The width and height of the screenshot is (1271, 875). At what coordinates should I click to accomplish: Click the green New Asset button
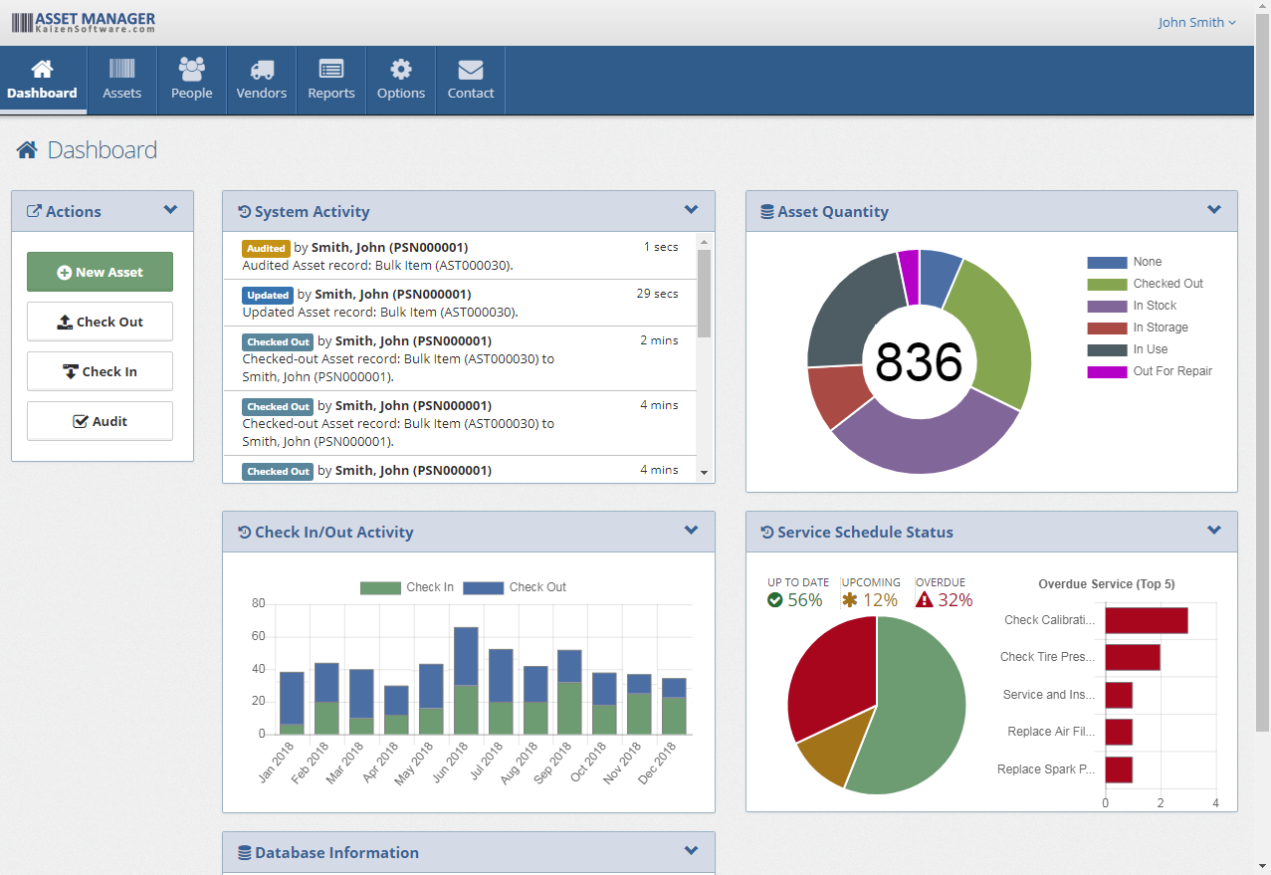coord(100,272)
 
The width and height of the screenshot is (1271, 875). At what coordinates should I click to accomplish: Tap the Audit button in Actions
coord(100,421)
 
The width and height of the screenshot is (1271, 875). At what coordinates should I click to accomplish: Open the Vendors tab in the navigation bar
coord(262,80)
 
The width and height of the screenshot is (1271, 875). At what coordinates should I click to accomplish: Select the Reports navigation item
coord(331,80)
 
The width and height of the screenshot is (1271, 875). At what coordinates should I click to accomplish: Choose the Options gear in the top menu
coord(401,80)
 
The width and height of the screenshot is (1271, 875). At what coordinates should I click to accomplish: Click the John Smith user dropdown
coord(1196,22)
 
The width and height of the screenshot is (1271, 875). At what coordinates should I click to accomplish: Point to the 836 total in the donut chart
coord(919,362)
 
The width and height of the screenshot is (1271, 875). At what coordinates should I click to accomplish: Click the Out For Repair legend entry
coord(1171,371)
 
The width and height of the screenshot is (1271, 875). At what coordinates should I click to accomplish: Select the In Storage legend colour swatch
coord(1107,328)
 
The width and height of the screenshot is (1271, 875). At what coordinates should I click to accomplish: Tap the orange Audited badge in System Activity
coord(266,248)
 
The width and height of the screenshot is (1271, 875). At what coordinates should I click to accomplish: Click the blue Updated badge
coord(268,295)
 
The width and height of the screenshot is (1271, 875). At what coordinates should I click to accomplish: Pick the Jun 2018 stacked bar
coord(466,681)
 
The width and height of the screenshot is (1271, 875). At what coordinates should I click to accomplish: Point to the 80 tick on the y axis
coord(259,603)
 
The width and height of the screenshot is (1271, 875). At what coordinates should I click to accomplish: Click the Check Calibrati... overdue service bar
coord(1146,620)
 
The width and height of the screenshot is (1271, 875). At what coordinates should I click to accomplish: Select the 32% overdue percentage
coord(954,600)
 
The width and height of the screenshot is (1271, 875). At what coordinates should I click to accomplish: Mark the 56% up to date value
coord(804,600)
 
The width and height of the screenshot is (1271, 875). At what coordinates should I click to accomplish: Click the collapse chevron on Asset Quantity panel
coord(1213,210)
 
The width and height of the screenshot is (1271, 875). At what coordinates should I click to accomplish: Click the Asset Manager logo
coord(84,22)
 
